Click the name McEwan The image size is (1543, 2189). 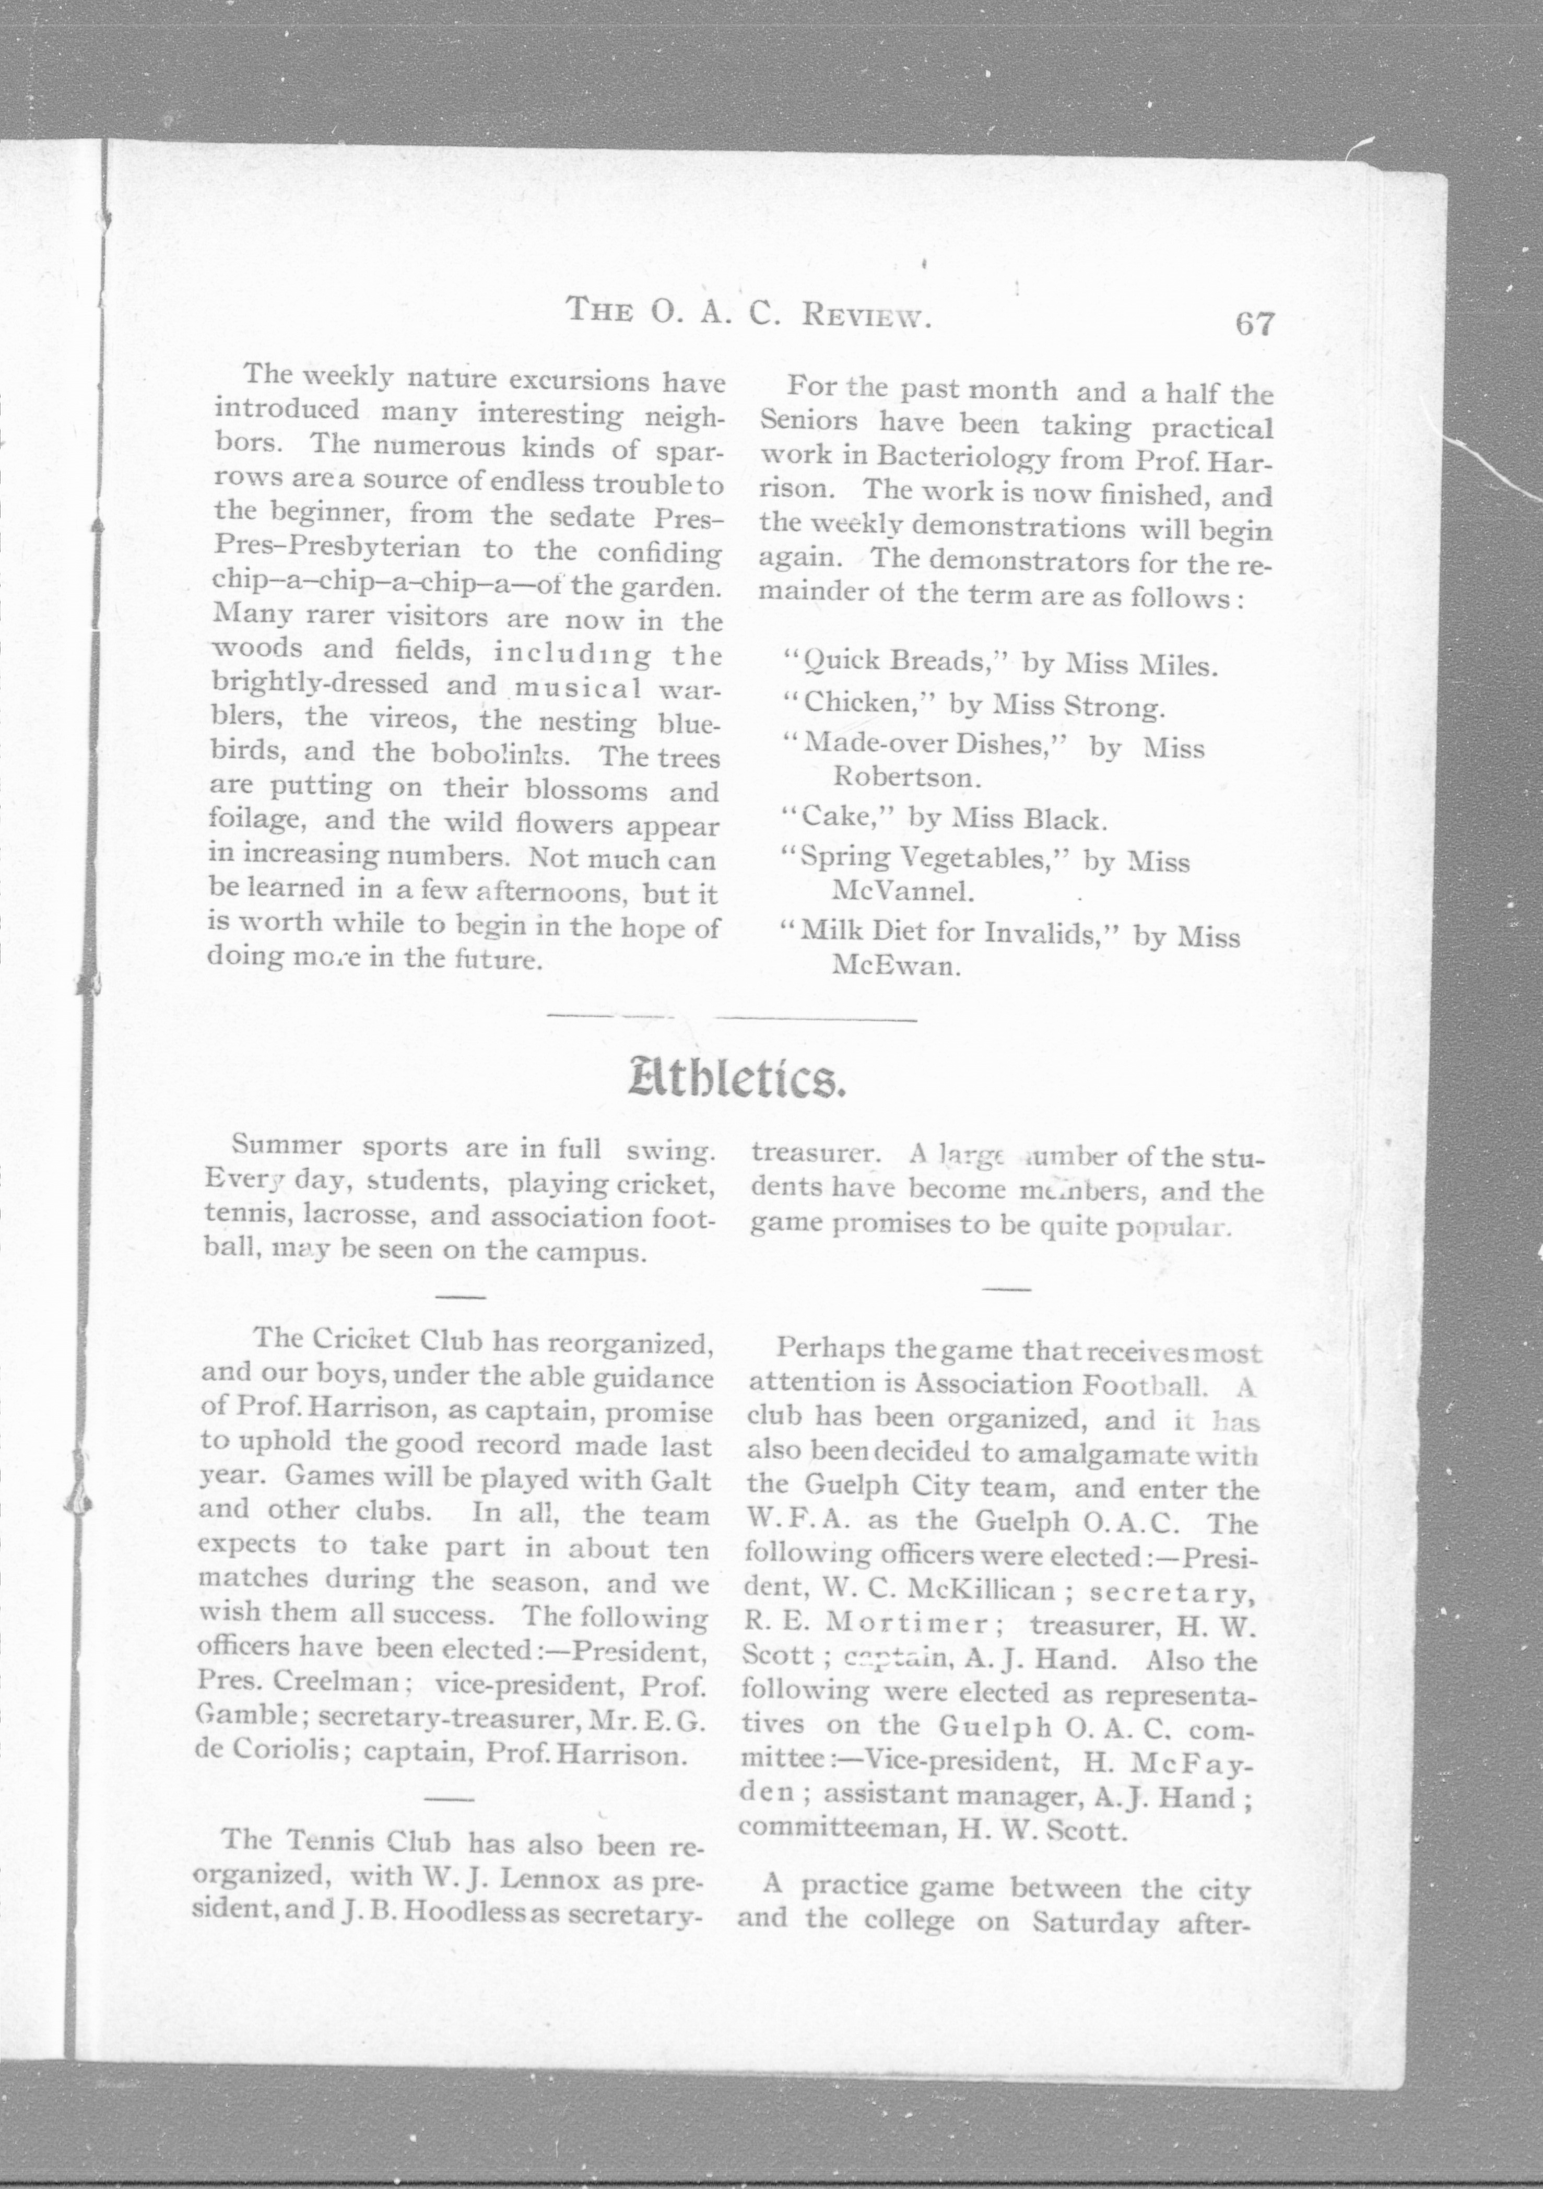[893, 966]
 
